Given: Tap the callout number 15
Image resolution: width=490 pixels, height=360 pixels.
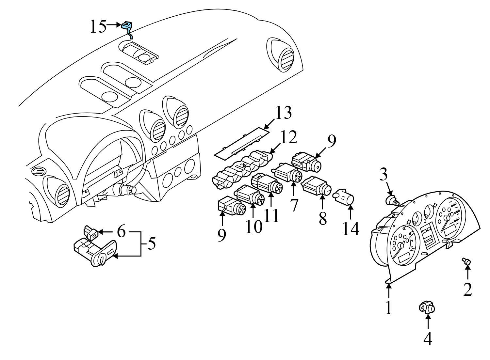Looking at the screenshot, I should coord(98,27).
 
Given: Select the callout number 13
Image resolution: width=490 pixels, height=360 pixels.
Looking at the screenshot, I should coord(283,113).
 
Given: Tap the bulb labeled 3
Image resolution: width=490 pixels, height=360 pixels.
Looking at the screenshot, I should coord(392,200).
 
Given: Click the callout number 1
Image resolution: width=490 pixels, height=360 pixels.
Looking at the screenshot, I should coord(388,307).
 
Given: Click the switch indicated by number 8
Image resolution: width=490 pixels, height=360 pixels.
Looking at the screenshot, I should coord(315,186).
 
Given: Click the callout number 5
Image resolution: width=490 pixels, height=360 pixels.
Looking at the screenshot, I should coord(151,243).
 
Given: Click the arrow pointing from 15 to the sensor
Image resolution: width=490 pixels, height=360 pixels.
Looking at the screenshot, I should coord(114,24).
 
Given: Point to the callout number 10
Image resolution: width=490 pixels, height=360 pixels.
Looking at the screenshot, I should coord(254,226).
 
